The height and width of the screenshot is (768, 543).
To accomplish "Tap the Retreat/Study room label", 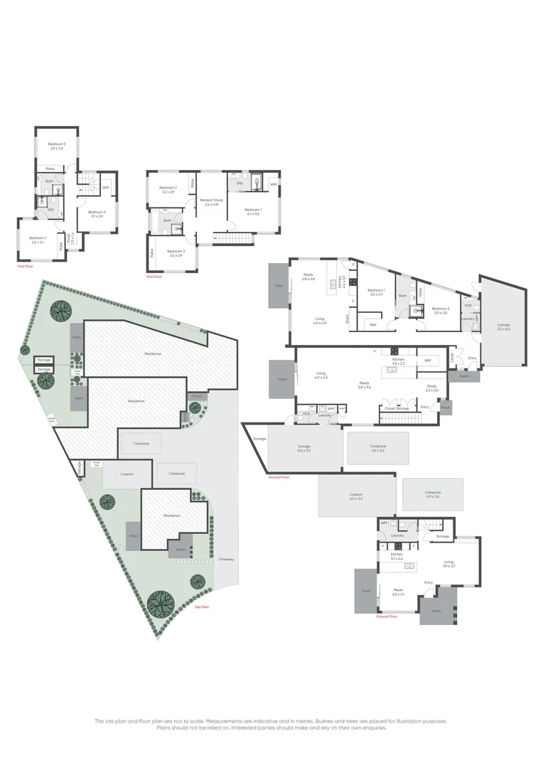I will click(211, 202).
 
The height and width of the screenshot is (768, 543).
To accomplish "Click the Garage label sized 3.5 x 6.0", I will click(504, 327).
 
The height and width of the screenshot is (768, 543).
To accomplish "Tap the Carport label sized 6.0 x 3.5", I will click(356, 496).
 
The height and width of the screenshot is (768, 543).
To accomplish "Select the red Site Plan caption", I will click(202, 607).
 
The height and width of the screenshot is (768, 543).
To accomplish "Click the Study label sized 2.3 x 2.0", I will click(432, 389).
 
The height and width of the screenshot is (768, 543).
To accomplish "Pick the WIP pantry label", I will click(428, 361).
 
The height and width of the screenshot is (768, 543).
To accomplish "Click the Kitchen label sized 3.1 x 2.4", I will click(397, 556).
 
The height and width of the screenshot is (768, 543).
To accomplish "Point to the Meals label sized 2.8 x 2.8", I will click(308, 277).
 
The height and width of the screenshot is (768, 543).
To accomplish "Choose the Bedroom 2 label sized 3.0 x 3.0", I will click(439, 310).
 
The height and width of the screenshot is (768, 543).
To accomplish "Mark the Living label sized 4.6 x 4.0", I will click(319, 322).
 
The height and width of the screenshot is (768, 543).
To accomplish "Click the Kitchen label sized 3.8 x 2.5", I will click(398, 361).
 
